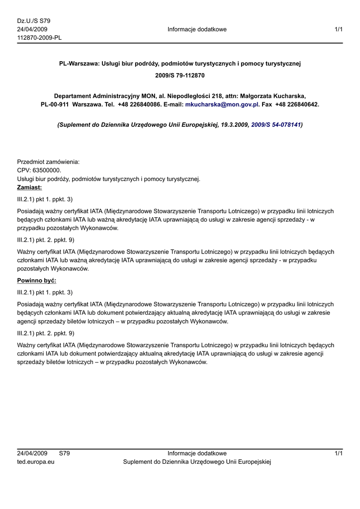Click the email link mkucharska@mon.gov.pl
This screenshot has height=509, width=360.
coord(222,105)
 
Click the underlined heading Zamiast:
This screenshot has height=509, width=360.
coord(29,187)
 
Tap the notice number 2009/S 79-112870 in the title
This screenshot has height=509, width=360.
coord(180,76)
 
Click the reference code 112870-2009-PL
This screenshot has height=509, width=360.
coord(39,38)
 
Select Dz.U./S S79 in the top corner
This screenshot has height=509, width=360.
coord(34,21)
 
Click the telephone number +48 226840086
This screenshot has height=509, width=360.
coord(139,105)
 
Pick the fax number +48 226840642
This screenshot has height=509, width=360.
coord(297,105)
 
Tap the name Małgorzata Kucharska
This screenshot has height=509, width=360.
coord(273,95)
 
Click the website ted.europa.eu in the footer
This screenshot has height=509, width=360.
coord(36,462)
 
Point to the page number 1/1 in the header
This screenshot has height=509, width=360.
coord(339,29)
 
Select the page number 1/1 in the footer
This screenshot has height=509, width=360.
coord(339,453)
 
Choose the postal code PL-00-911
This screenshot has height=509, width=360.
coord(55,105)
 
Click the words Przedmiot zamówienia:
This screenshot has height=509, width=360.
coord(48,162)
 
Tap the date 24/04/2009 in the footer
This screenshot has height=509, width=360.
coord(32,453)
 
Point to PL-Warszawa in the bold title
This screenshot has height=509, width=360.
coord(79,64)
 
